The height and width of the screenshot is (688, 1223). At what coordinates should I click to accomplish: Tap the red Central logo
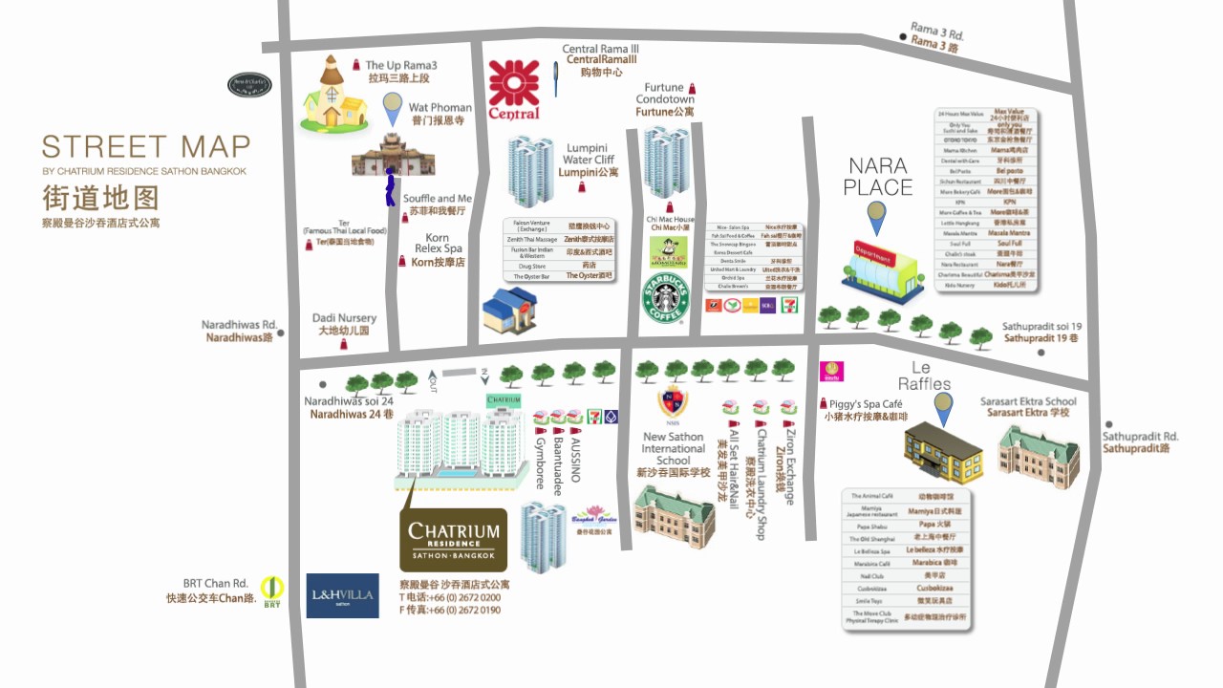[x=514, y=90]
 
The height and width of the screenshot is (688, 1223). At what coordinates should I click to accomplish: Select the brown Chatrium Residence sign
[x=453, y=540]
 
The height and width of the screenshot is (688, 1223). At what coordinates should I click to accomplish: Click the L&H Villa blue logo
[x=342, y=595]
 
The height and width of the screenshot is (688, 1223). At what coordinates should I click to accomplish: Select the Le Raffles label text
[x=924, y=375]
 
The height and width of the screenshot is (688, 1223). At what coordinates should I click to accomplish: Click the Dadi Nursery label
[x=344, y=324]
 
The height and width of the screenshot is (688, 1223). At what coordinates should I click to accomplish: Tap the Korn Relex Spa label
[x=438, y=249]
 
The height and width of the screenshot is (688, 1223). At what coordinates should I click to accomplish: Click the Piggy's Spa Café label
[x=865, y=410]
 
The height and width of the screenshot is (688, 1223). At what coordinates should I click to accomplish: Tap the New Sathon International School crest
[x=672, y=401]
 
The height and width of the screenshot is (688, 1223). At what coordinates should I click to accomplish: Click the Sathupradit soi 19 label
[x=1041, y=332]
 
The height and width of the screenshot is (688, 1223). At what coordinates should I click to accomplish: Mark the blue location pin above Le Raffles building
[x=943, y=407]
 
